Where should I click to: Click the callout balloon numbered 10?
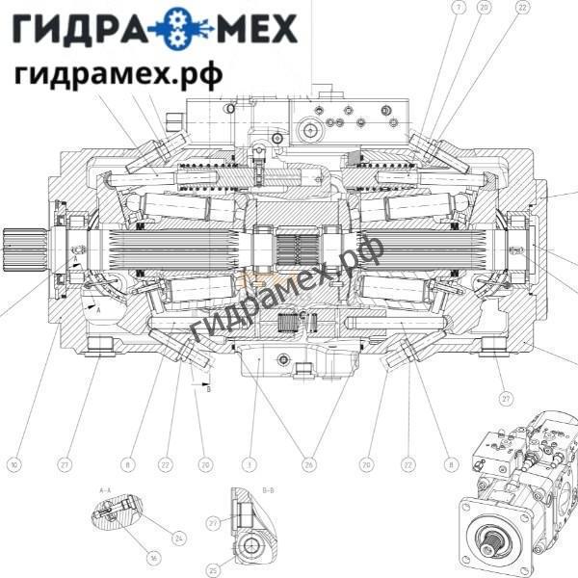click(x=14, y=465)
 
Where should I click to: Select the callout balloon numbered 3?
click(x=250, y=465)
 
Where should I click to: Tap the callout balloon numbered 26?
click(x=308, y=465)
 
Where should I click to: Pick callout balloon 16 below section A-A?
click(x=153, y=558)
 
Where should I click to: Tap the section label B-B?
click(x=269, y=490)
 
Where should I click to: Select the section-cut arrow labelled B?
click(x=207, y=383)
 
